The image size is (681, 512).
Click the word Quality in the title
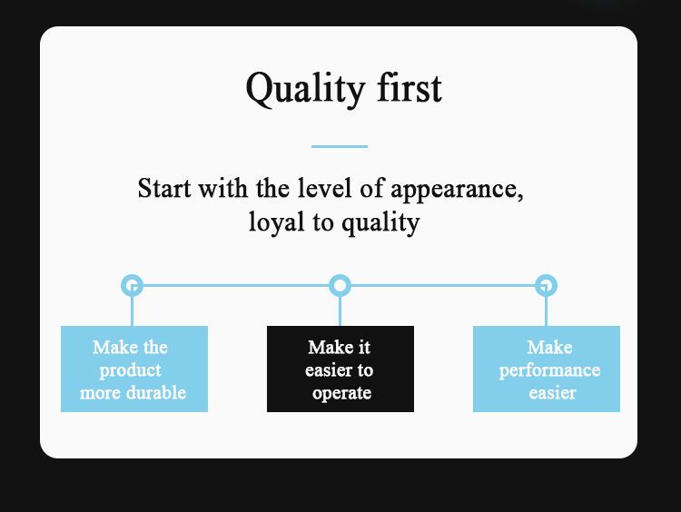305,90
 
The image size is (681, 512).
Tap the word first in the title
410,87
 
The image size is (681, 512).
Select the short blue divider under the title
340,146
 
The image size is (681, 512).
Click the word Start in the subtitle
164,189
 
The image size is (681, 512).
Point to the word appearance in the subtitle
457,191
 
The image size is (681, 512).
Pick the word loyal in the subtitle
276,222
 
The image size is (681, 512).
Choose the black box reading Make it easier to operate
340,369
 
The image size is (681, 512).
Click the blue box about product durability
134,369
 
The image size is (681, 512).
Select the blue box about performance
547,369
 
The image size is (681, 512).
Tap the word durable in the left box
156,392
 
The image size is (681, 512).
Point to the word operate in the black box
341,394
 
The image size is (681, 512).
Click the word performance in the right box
550,371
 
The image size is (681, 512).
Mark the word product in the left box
130,371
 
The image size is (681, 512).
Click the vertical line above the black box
340,311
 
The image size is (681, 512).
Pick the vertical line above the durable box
132,311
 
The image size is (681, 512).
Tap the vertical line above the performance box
546,311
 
